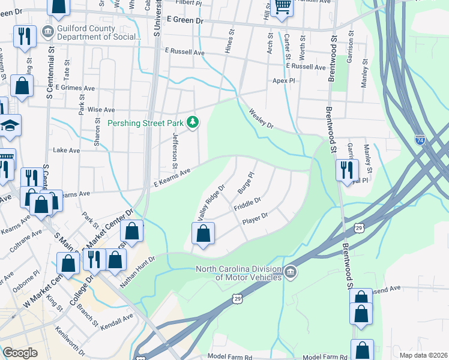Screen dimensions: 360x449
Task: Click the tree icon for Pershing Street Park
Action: (193, 123)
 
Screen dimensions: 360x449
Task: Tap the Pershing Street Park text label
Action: (144, 123)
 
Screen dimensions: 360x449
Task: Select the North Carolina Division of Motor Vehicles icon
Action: (290, 272)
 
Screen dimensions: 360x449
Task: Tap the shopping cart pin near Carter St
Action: (282, 7)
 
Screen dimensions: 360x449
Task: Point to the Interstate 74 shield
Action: (420, 139)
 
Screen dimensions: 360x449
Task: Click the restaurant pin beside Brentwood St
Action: (347, 170)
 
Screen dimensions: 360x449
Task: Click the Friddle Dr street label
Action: (247, 204)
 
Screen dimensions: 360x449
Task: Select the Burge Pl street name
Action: (246, 182)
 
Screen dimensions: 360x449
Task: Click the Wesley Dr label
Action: (261, 119)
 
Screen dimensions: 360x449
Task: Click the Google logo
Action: (20, 353)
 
